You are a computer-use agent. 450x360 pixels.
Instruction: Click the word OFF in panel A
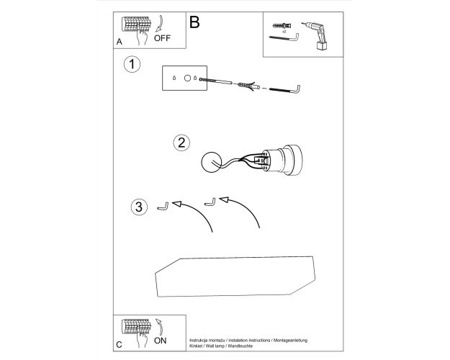pos(162,38)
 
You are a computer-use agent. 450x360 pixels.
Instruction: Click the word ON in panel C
pos(160,341)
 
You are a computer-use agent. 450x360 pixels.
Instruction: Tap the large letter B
pos(194,22)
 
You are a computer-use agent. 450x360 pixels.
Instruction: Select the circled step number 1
pos(132,64)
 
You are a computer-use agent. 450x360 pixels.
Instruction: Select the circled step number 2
pos(181,143)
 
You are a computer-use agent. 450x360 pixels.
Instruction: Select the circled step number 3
pos(139,207)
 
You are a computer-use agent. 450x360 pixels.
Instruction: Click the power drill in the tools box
pos(315,36)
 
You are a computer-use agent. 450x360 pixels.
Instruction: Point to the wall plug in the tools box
pos(282,25)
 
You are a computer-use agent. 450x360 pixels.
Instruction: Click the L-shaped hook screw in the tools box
pos(284,38)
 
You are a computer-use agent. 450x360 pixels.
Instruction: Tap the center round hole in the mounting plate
pos(187,78)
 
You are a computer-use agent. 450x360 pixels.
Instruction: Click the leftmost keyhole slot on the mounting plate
pos(174,78)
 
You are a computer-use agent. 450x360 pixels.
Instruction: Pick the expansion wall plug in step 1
pos(248,86)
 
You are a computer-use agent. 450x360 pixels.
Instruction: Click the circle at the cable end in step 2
pos(212,163)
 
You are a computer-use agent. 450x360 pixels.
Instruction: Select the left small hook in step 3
pos(163,207)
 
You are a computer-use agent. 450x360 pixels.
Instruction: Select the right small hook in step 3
pos(210,202)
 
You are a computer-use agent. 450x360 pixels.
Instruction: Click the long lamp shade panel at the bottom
pos(235,276)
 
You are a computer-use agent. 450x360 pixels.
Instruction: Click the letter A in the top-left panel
pos(119,42)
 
